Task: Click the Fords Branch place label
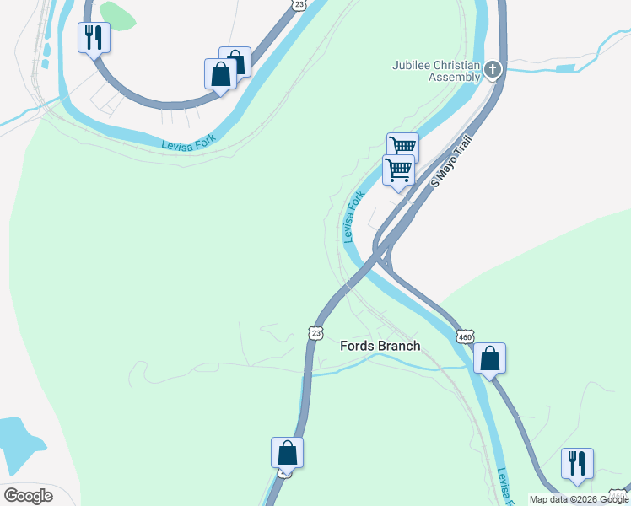pyautogui.click(x=380, y=346)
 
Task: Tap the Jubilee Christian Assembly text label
pyautogui.click(x=436, y=70)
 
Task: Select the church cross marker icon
pyautogui.click(x=493, y=70)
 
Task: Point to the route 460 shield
pyautogui.click(x=465, y=336)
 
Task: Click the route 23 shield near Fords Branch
pyautogui.click(x=315, y=332)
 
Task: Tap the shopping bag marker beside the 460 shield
pyautogui.click(x=489, y=358)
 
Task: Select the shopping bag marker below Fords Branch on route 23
pyautogui.click(x=287, y=453)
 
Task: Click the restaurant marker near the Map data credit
pyautogui.click(x=577, y=464)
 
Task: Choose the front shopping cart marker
pyautogui.click(x=398, y=170)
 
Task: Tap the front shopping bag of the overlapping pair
pyautogui.click(x=220, y=73)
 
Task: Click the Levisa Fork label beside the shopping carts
pyautogui.click(x=353, y=217)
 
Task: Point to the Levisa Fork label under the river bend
pyautogui.click(x=189, y=144)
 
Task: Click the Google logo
pyautogui.click(x=28, y=495)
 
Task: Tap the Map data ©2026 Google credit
pyautogui.click(x=579, y=499)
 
